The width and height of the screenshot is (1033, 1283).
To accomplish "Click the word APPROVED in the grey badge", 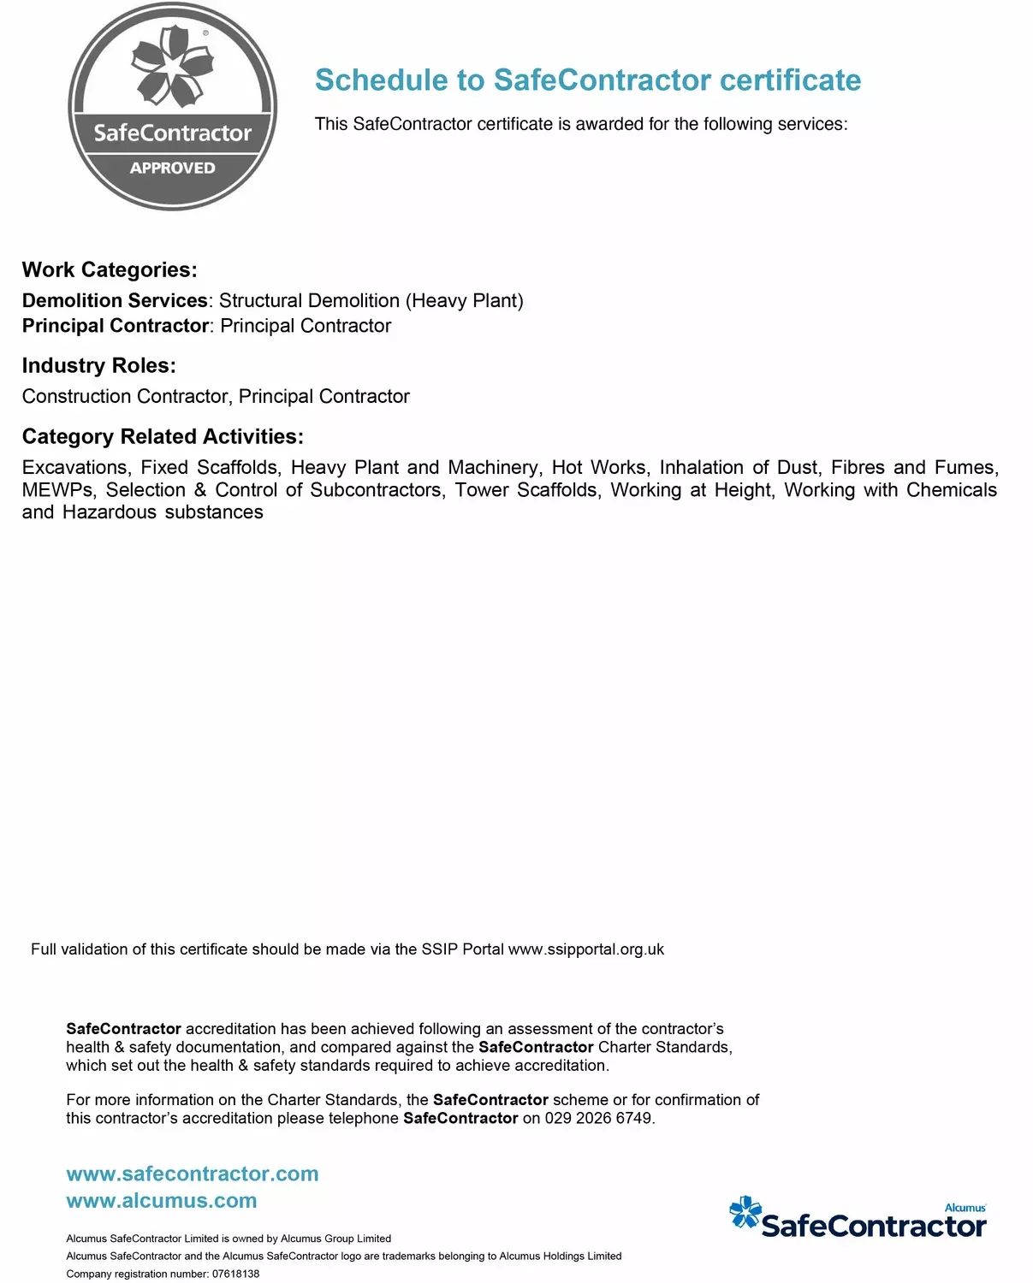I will coord(172,168).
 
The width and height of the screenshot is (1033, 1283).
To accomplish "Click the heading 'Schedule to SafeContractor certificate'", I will coord(588,80).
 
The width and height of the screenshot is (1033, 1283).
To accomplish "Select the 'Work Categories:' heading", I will coord(110,270).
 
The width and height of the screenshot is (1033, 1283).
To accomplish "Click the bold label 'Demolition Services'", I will coord(115,301).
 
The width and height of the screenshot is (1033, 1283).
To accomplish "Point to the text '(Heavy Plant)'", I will coord(464,301).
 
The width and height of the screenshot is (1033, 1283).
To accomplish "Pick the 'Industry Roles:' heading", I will coord(98,366).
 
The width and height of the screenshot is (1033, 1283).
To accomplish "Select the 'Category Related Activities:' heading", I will coord(163,437).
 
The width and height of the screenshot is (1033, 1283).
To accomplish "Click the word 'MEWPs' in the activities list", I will coord(58,490).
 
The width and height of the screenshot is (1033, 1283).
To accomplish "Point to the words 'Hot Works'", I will coord(598,468).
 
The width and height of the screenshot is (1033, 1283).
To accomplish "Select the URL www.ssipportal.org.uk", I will coord(586,949).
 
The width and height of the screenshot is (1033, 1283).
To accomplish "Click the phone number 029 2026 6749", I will coord(598,1119).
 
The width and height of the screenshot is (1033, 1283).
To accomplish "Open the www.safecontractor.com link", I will coord(193,1174).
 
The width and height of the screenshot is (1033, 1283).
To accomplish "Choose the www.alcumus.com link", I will coord(162,1201).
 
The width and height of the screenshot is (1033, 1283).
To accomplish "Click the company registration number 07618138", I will coord(235,1274).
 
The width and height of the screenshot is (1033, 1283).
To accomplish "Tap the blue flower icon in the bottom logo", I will coord(745,1213).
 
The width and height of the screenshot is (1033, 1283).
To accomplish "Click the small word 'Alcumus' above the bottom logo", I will coord(965,1208).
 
